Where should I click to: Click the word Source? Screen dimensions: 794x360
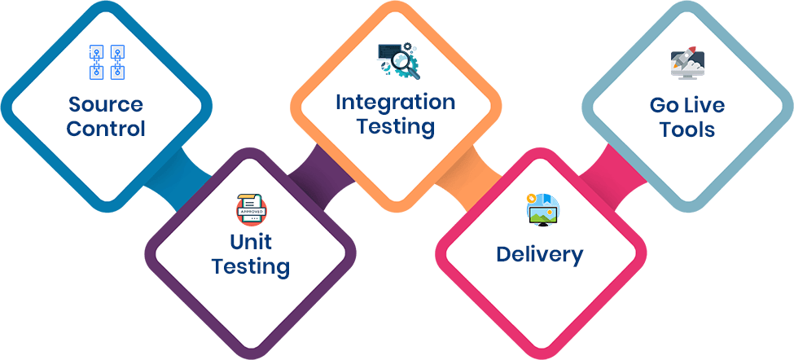tap(106, 105)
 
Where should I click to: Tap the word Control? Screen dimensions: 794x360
tap(106, 129)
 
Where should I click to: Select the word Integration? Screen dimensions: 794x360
tap(396, 103)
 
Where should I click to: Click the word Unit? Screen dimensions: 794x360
tap(251, 242)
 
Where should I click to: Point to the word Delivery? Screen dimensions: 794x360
tap(540, 255)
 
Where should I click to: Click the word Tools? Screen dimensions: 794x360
tap(687, 130)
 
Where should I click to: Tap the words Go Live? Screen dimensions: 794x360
tap(687, 105)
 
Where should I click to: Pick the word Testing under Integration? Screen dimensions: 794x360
tap(396, 127)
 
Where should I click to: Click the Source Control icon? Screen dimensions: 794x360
tap(107, 62)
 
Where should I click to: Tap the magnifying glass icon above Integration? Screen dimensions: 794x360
tap(399, 62)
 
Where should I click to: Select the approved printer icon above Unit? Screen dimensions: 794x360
tap(252, 209)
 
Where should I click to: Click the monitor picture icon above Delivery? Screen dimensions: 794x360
tap(542, 209)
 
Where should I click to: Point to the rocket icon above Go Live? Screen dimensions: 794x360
tap(687, 64)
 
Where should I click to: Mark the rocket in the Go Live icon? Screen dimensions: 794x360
tap(685, 58)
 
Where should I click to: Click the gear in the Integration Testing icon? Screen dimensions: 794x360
tap(405, 64)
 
